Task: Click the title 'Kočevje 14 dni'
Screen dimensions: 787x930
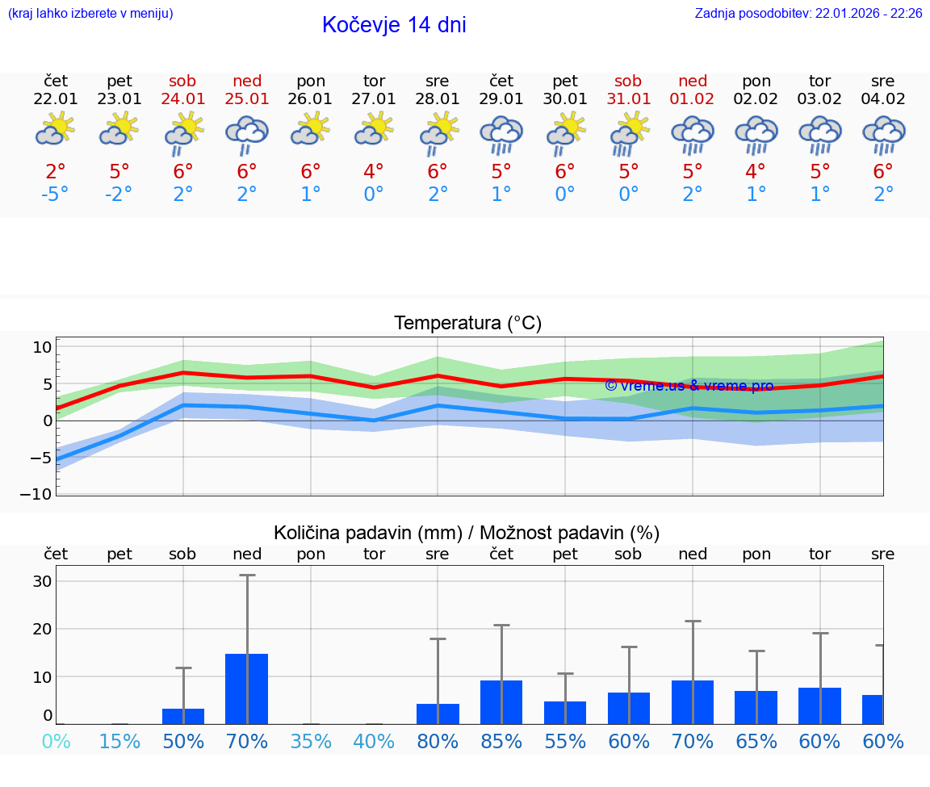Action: [x=394, y=25]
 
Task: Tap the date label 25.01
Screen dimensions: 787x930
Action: [x=247, y=99]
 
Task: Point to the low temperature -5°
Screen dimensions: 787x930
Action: [x=56, y=195]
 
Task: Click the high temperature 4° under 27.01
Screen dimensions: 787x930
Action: [x=374, y=172]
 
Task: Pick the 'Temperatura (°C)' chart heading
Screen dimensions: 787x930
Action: [x=467, y=324]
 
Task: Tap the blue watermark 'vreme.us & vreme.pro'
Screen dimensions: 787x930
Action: [x=689, y=386]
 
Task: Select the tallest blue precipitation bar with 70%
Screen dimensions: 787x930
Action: [x=247, y=689]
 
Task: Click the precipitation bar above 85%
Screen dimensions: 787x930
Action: [x=501, y=701]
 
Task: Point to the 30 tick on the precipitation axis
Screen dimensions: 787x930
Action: [x=43, y=581]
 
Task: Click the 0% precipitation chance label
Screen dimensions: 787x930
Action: [x=56, y=742]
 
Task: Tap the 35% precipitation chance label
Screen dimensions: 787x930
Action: [x=311, y=742]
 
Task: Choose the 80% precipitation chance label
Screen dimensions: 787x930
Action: [x=438, y=742]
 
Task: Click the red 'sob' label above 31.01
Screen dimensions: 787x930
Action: [x=628, y=81]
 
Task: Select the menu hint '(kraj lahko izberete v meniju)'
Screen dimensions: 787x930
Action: [x=90, y=14]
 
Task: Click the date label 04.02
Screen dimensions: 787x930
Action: [x=883, y=99]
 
